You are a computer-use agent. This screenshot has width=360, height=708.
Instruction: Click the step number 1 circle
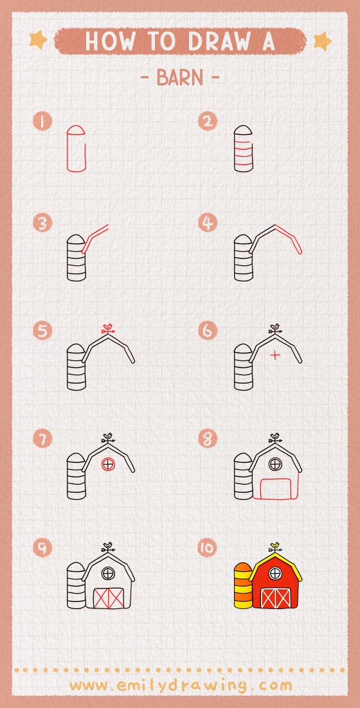[x=43, y=121]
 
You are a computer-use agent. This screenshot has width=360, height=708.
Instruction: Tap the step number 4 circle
[x=208, y=224]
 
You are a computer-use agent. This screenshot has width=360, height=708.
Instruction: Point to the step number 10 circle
[x=208, y=547]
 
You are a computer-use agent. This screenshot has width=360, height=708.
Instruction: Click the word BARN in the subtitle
[x=179, y=78]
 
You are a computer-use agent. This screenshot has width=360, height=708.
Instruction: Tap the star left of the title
[x=39, y=41]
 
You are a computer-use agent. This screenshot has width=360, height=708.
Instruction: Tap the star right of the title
[x=321, y=41]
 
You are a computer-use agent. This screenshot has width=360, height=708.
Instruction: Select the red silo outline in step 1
[x=76, y=148]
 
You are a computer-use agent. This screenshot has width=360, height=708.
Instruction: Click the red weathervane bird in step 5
[x=108, y=328]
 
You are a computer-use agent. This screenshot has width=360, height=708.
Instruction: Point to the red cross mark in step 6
[x=275, y=355]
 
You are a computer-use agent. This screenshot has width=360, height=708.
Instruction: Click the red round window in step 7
[x=109, y=463]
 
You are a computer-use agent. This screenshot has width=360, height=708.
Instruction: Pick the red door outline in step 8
[x=274, y=489]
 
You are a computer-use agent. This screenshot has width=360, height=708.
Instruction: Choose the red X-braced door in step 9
[x=108, y=597]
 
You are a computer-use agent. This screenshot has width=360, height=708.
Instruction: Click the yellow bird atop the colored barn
[x=275, y=546]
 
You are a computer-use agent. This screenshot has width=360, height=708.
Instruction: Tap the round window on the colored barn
[x=275, y=572]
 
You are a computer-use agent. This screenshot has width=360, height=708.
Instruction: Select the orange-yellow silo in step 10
[x=242, y=586]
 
